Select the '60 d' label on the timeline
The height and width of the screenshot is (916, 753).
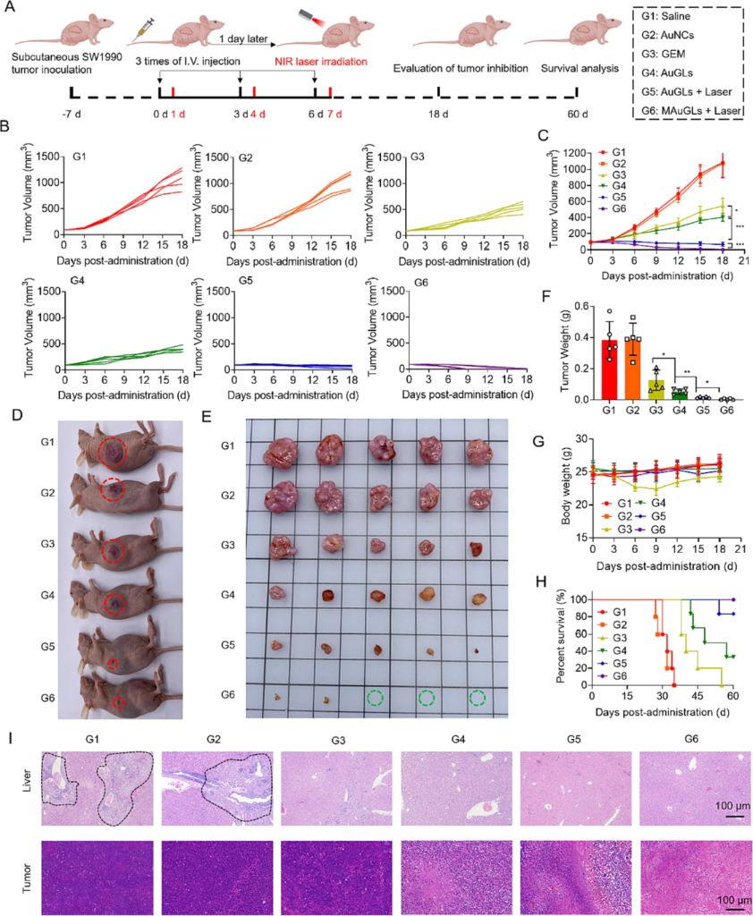(x=578, y=114)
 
